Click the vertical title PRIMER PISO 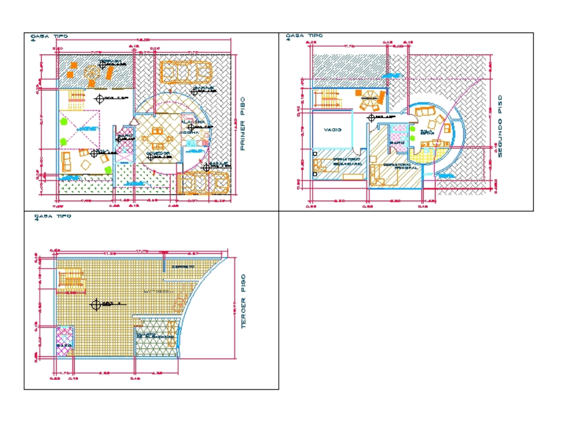click(x=243, y=124)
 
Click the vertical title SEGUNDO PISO click(x=500, y=125)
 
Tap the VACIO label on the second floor click(x=333, y=130)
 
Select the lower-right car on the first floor click(x=203, y=184)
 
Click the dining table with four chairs click(x=156, y=137)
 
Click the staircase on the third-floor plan click(x=71, y=280)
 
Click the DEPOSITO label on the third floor click(x=183, y=266)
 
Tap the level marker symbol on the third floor click(x=96, y=304)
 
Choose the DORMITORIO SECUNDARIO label click(x=346, y=161)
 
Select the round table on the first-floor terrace click(x=90, y=73)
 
